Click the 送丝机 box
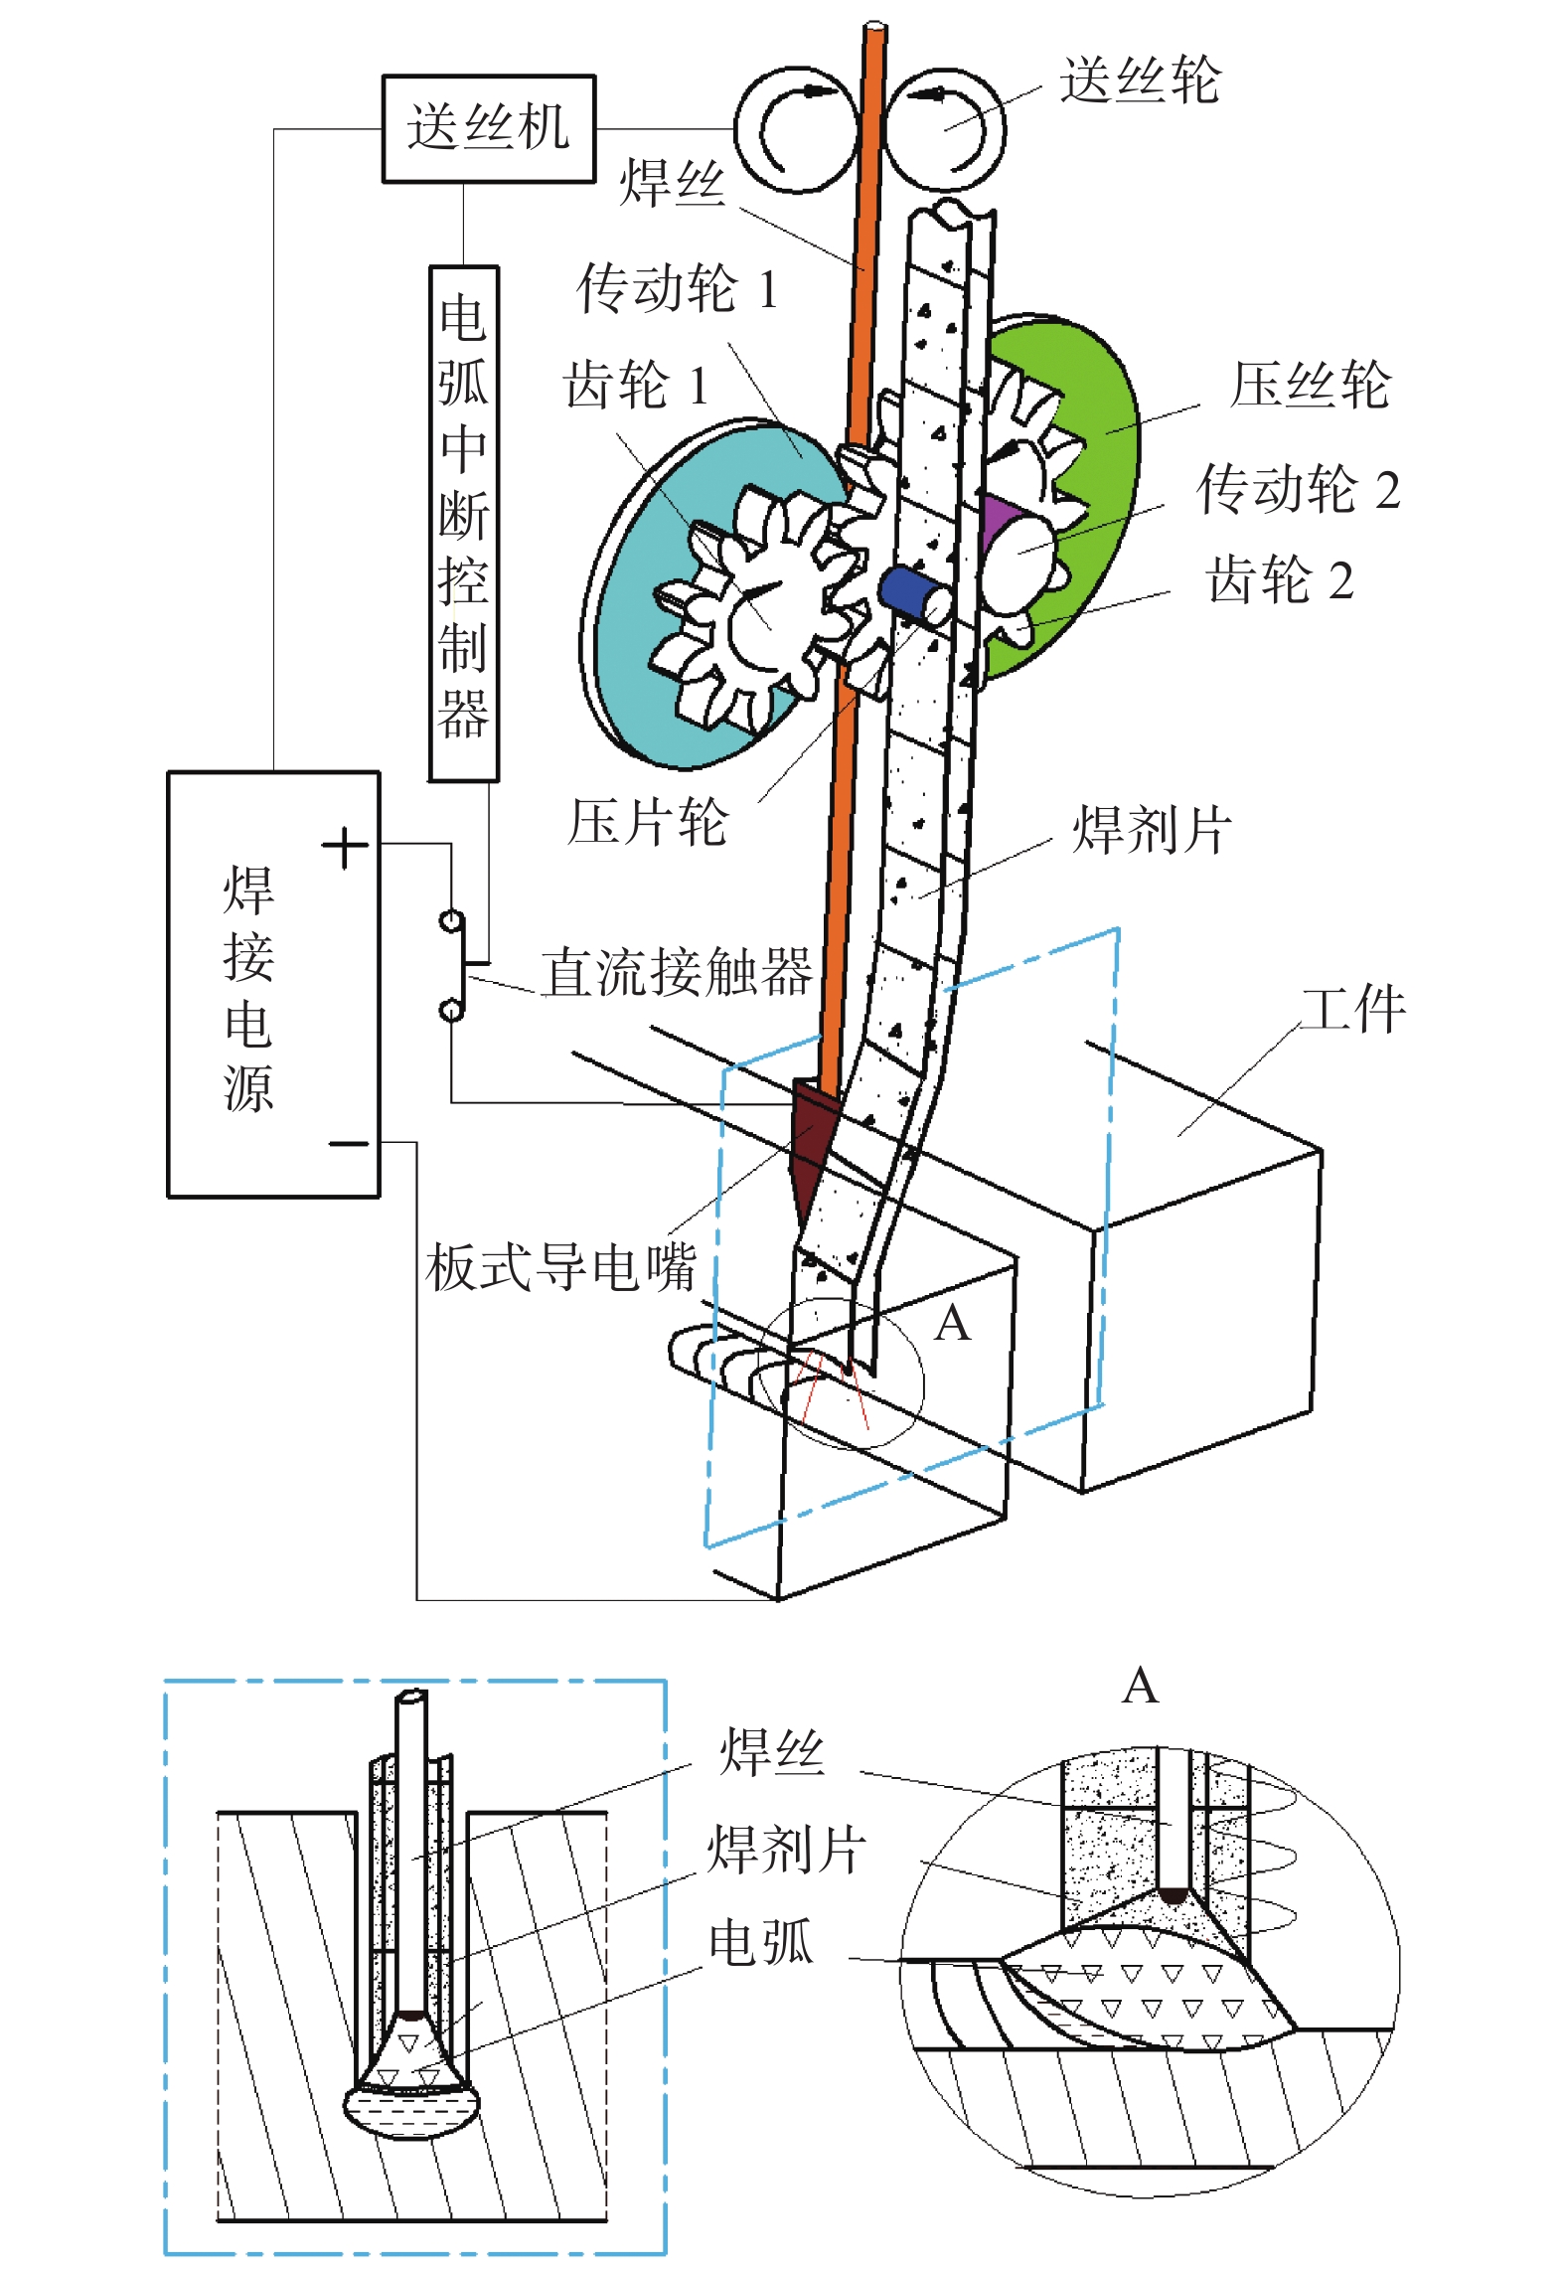pyautogui.click(x=489, y=128)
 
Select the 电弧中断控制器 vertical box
pyautogui.click(x=463, y=522)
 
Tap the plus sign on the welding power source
pyautogui.click(x=345, y=848)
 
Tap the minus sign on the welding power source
pyautogui.click(x=349, y=1144)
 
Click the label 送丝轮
pyautogui.click(x=1140, y=80)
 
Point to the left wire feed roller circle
pyautogui.click(x=795, y=129)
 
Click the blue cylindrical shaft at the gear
pyautogui.click(x=909, y=592)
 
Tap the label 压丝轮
pyautogui.click(x=1310, y=385)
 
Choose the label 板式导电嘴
pyautogui.click(x=560, y=1267)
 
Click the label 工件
pyautogui.click(x=1354, y=1010)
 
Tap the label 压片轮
pyautogui.click(x=648, y=823)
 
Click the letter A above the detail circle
pyautogui.click(x=1140, y=1687)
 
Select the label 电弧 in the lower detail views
pyautogui.click(x=760, y=1943)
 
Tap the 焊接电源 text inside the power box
pyautogui.click(x=248, y=989)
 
